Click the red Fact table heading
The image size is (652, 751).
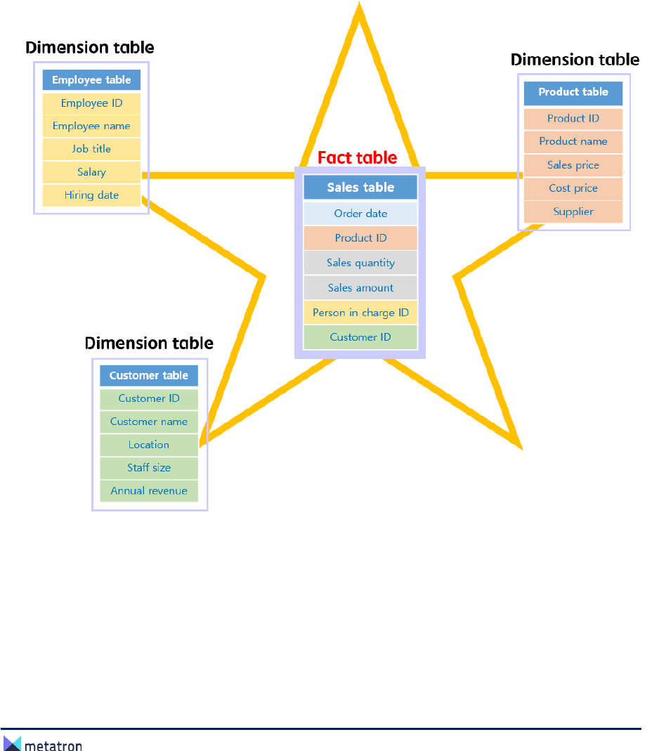357,157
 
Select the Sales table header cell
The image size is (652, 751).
360,188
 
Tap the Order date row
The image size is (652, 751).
360,214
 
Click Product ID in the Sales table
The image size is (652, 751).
360,238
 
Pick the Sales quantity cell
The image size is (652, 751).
360,263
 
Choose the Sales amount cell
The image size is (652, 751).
360,288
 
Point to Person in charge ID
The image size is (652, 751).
360,313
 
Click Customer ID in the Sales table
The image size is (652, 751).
360,337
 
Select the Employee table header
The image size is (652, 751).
91,80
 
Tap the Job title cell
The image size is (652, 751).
91,149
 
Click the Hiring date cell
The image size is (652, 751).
91,195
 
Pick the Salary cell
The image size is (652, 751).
91,172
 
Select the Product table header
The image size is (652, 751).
573,92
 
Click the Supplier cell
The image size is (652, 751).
573,211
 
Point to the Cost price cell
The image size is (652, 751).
573,188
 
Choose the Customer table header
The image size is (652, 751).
149,376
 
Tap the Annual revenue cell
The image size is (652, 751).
149,490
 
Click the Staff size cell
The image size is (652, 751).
149,467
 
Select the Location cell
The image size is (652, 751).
149,445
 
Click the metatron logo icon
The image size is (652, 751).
13,743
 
